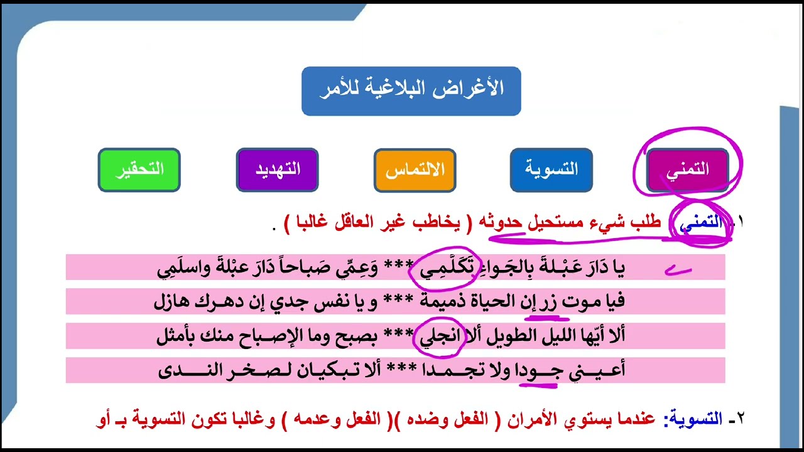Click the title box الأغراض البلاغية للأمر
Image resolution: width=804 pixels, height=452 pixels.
point(411,91)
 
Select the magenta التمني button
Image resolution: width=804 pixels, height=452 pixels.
point(687,169)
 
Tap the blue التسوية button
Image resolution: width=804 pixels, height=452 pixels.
point(551,169)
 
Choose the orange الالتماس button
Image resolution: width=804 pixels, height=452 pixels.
point(415,169)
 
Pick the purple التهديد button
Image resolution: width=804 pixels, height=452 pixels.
point(277,169)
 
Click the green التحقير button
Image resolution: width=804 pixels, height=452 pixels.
point(139,169)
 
